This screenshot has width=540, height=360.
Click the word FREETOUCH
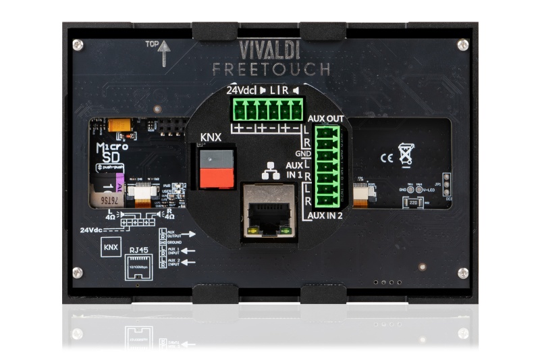click(x=271, y=69)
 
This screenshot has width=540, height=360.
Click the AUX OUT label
click(x=325, y=119)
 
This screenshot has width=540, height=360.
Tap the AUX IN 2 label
click(x=325, y=215)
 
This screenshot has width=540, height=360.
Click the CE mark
click(x=387, y=159)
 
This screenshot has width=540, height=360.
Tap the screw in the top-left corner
click(x=78, y=45)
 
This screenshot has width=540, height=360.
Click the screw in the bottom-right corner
click(x=462, y=272)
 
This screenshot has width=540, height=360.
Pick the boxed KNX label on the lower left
click(x=109, y=248)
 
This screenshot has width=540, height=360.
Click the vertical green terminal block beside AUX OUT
click(x=329, y=167)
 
